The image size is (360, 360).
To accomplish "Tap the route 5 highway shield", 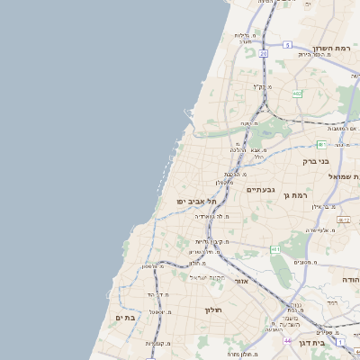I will click(x=287, y=44).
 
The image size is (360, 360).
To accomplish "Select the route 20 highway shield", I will click(x=263, y=54).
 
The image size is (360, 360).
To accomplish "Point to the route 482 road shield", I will click(x=297, y=93).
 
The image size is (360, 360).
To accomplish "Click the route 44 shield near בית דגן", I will click(x=287, y=341).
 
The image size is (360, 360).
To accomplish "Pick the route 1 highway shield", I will click(x=340, y=341).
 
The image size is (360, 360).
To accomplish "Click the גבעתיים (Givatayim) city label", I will click(x=260, y=190).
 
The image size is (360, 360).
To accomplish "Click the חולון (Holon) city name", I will click(x=213, y=310).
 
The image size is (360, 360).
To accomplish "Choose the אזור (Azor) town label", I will click(x=240, y=282).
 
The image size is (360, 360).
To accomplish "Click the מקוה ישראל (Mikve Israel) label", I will click(x=215, y=276).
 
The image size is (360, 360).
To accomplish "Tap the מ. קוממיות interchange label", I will click(x=158, y=344).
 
